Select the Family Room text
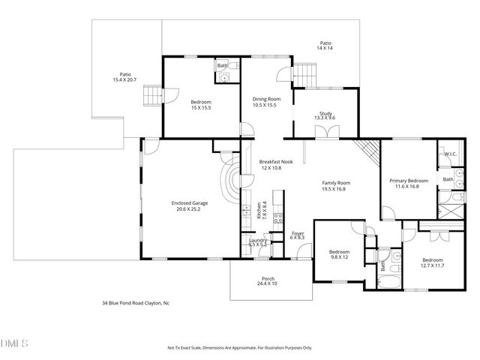336,186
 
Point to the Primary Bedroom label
408,183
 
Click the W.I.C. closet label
450,154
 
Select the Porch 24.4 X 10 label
268,280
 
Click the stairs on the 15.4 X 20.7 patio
153,97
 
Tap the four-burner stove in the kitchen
276,219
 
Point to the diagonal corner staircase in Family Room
367,153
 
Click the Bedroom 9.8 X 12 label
340,255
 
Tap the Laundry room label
258,241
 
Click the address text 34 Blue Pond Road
136,304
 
